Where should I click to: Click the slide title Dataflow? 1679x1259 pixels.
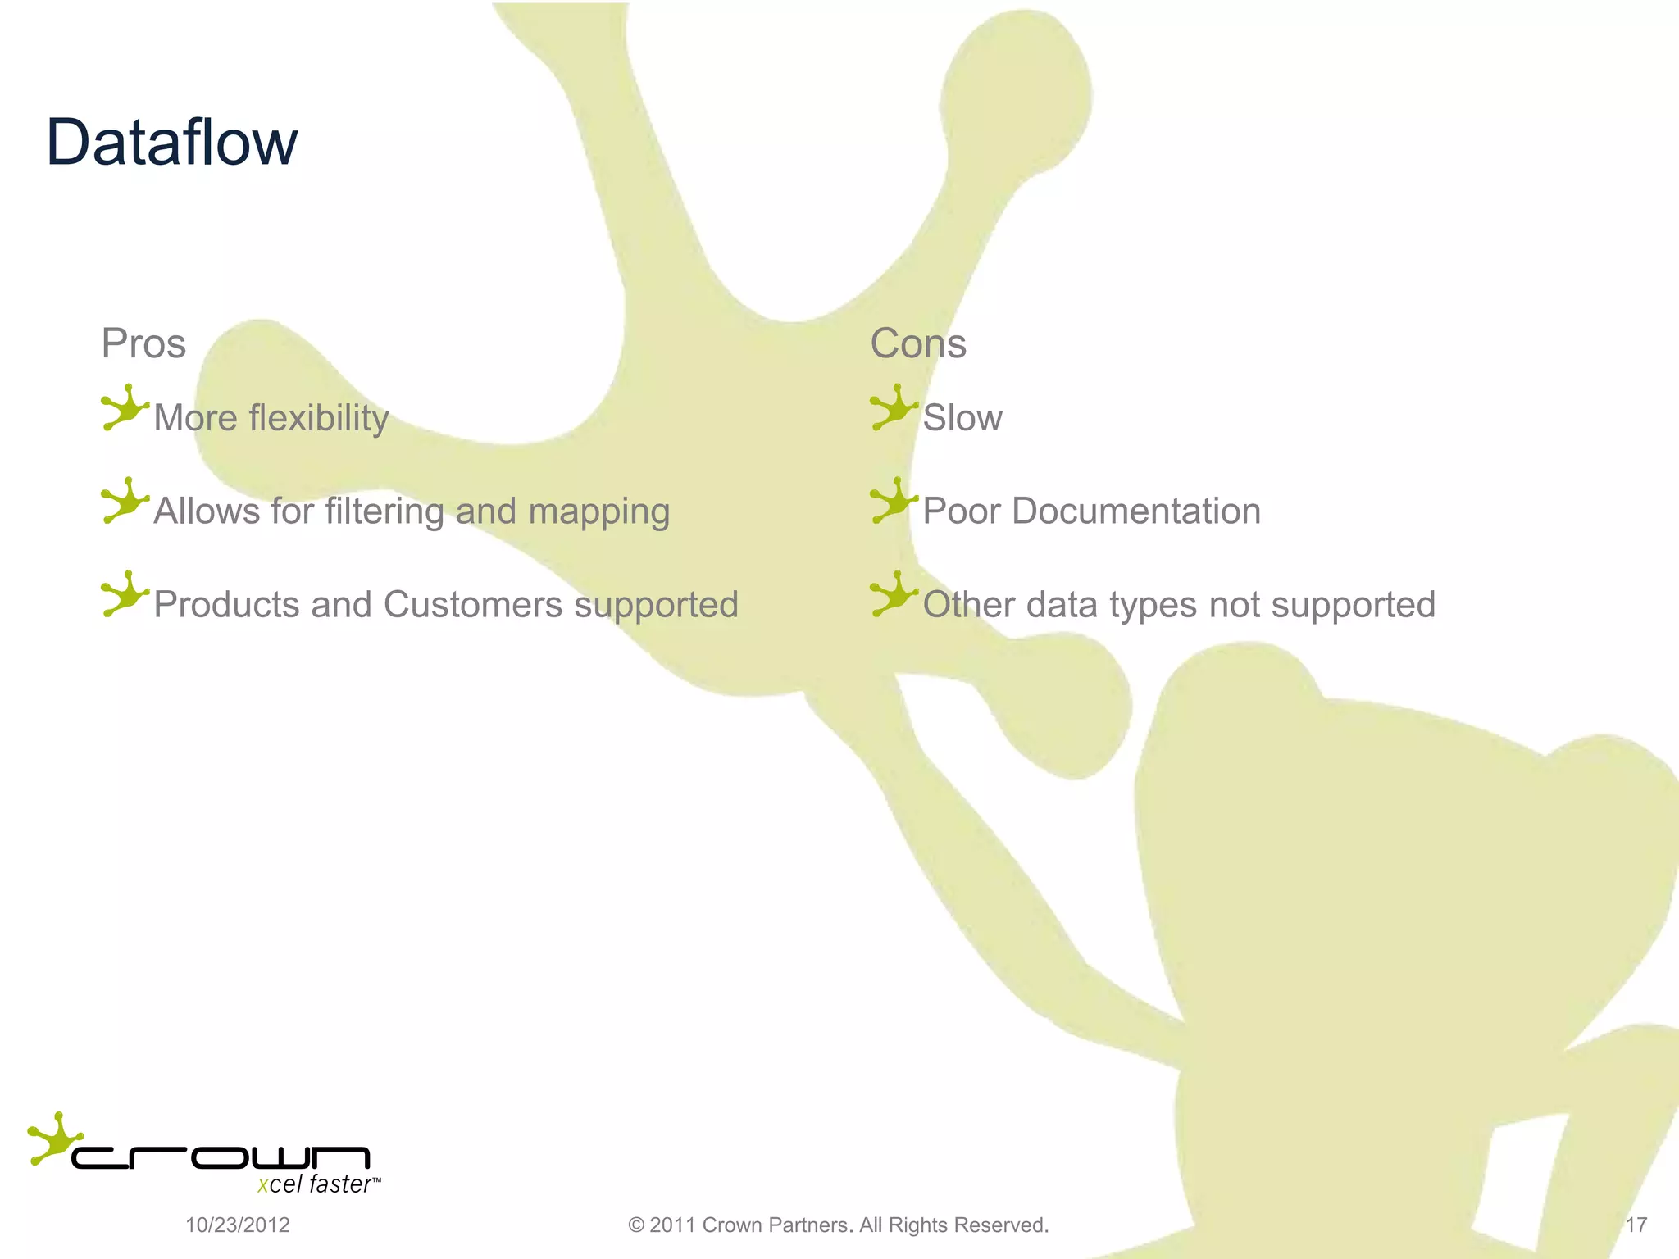171,143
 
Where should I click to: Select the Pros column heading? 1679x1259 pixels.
143,343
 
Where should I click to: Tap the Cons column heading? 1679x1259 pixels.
917,343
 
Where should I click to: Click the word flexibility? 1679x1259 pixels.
318,418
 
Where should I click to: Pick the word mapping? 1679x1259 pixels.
598,511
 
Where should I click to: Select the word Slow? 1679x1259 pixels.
962,418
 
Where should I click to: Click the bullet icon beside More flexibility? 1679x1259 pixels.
124,407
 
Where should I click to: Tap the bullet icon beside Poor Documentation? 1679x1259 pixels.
893,501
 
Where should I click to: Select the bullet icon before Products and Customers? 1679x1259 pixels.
124,594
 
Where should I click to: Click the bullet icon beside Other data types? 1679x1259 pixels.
893,594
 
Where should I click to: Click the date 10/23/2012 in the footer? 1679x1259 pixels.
238,1225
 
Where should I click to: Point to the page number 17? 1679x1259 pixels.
1636,1225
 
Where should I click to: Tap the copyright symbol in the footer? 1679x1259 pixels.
635,1225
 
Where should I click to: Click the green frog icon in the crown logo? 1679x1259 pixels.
53,1138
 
